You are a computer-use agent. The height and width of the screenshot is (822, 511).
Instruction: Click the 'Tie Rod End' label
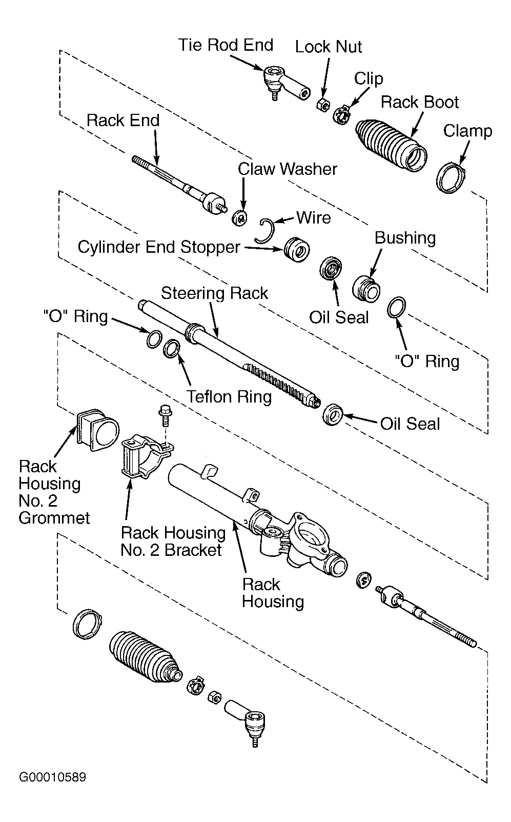tap(226, 45)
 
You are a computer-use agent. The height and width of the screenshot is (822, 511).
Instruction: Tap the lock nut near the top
tap(322, 105)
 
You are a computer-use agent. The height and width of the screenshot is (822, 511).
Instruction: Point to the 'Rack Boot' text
tap(419, 102)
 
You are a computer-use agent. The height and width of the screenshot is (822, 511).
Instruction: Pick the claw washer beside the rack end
tap(239, 217)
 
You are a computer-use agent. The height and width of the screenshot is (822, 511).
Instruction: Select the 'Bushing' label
tap(405, 238)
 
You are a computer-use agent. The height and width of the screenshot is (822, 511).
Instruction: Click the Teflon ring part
tap(172, 349)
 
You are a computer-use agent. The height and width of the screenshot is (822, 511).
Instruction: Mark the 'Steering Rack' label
tap(214, 293)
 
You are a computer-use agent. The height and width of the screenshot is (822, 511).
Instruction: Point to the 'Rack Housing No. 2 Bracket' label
tap(173, 541)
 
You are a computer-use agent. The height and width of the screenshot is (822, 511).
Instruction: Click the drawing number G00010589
tap(52, 777)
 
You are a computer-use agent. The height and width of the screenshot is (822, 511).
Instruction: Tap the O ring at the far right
tap(397, 307)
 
